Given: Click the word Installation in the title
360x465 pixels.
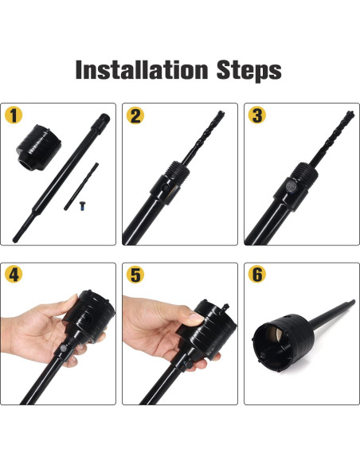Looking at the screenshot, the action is pyautogui.click(x=142, y=70).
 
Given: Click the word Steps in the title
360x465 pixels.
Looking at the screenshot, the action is pyautogui.click(x=248, y=71).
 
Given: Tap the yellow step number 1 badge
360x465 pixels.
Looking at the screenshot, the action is pyautogui.click(x=14, y=115).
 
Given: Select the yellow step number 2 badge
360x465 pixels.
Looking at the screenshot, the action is pyautogui.click(x=135, y=115).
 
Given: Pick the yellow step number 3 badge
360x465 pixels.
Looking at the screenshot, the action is pyautogui.click(x=257, y=115).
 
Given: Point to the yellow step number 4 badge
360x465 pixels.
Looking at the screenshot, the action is pyautogui.click(x=14, y=274).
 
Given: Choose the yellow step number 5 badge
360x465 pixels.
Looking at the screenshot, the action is pyautogui.click(x=135, y=275).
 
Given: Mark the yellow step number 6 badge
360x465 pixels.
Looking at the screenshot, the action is pyautogui.click(x=257, y=274).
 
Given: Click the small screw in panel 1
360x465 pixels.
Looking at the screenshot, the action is pyautogui.click(x=83, y=205).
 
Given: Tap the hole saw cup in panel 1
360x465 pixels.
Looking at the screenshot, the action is pyautogui.click(x=39, y=147).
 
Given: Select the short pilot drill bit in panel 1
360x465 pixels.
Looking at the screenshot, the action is pyautogui.click(x=81, y=186).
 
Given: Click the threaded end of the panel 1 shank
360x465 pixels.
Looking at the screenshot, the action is pyautogui.click(x=101, y=122).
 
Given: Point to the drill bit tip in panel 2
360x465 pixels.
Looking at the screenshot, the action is pyautogui.click(x=220, y=114).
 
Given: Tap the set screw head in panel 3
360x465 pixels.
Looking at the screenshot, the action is pyautogui.click(x=290, y=186).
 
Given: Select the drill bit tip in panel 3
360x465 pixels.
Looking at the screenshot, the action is pyautogui.click(x=350, y=114).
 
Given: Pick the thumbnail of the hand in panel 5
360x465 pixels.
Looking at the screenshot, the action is pyautogui.click(x=195, y=318).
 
